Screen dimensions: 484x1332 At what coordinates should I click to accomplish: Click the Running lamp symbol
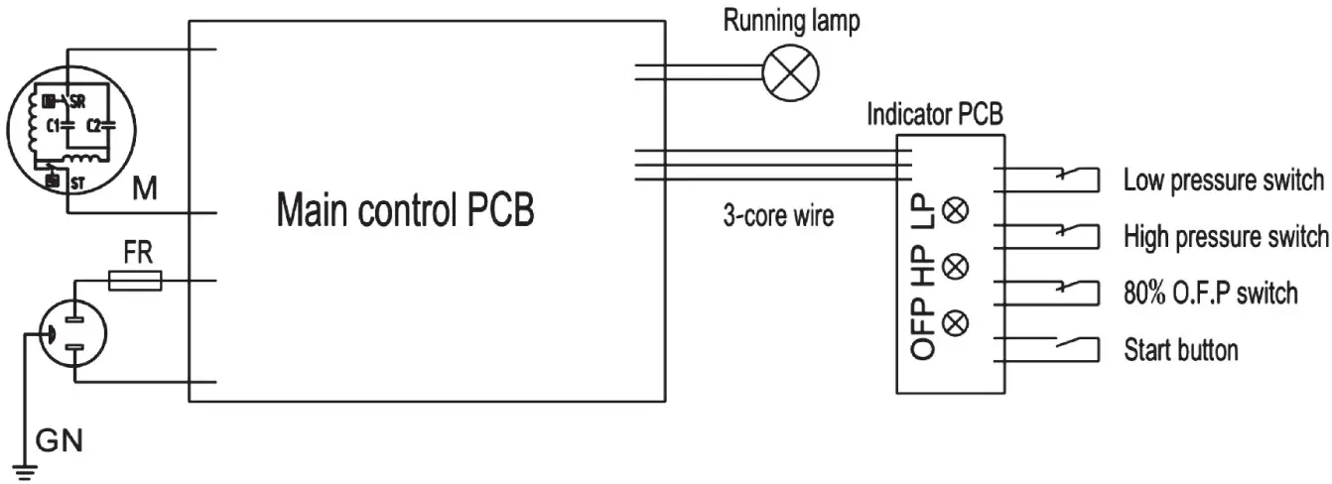tap(792, 73)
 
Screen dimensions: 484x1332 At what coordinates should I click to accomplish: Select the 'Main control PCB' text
tap(405, 209)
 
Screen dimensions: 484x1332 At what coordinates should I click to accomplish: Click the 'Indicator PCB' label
tap(934, 114)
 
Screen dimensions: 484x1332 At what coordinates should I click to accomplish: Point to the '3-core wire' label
tap(777, 216)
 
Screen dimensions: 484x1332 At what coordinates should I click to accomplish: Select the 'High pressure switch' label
tap(1225, 237)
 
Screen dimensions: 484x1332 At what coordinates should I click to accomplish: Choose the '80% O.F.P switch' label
tap(1210, 294)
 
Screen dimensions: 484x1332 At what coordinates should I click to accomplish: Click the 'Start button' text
tap(1180, 350)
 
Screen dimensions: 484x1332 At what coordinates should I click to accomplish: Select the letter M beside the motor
tap(146, 185)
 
